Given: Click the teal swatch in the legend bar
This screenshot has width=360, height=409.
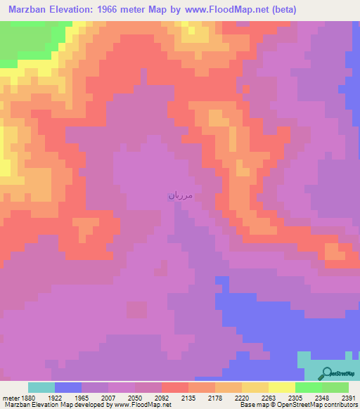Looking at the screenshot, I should pos(41,387).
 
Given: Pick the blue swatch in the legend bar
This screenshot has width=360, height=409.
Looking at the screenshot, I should pos(68,387).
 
